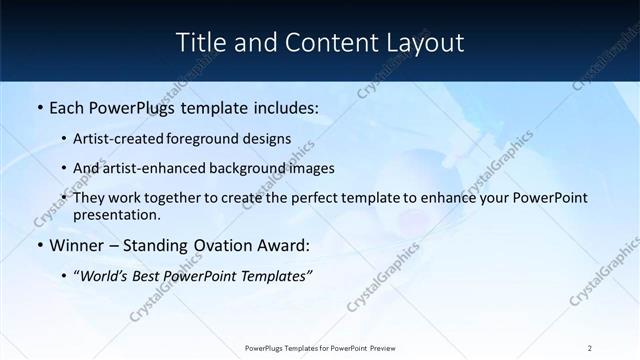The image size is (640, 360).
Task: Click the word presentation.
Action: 116,214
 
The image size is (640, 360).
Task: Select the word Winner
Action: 78,245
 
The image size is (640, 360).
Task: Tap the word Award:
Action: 283,245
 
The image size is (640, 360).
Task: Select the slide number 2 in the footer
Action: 590,348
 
